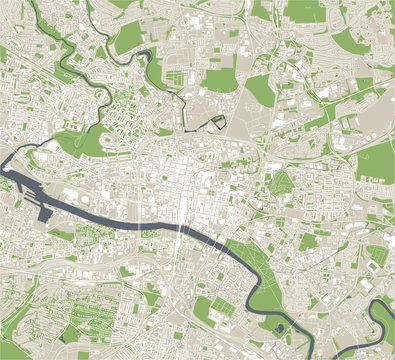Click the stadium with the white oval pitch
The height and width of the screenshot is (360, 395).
tap(373, 265)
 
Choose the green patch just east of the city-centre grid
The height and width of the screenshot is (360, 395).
tap(281, 184)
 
